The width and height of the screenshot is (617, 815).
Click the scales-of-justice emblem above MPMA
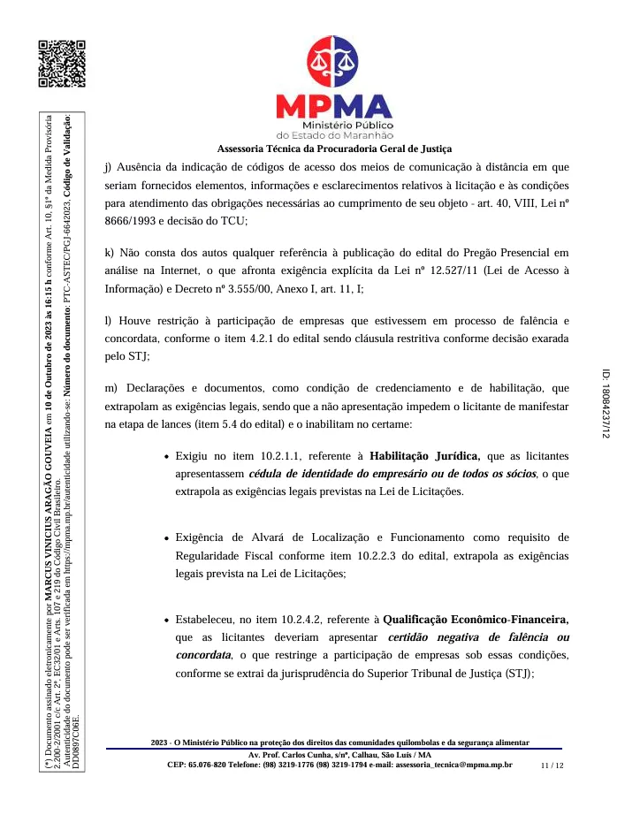(333, 61)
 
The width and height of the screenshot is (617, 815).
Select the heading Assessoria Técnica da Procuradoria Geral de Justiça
(334, 149)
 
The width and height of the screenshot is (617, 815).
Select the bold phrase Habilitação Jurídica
(425, 457)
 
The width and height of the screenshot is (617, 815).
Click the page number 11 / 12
(552, 766)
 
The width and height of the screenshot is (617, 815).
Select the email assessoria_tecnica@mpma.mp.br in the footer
(453, 765)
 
